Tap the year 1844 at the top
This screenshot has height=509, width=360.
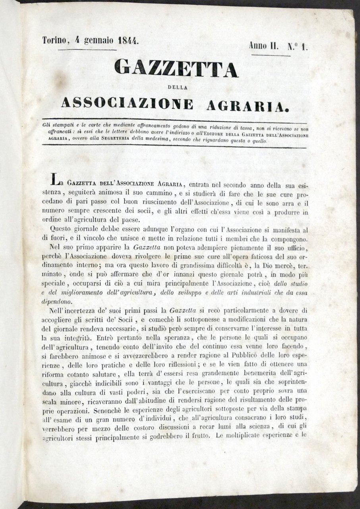[x=125, y=41]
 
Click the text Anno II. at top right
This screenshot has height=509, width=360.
[x=263, y=46]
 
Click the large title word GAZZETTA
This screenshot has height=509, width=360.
[x=176, y=68]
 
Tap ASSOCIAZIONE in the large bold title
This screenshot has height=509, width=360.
[x=128, y=104]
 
